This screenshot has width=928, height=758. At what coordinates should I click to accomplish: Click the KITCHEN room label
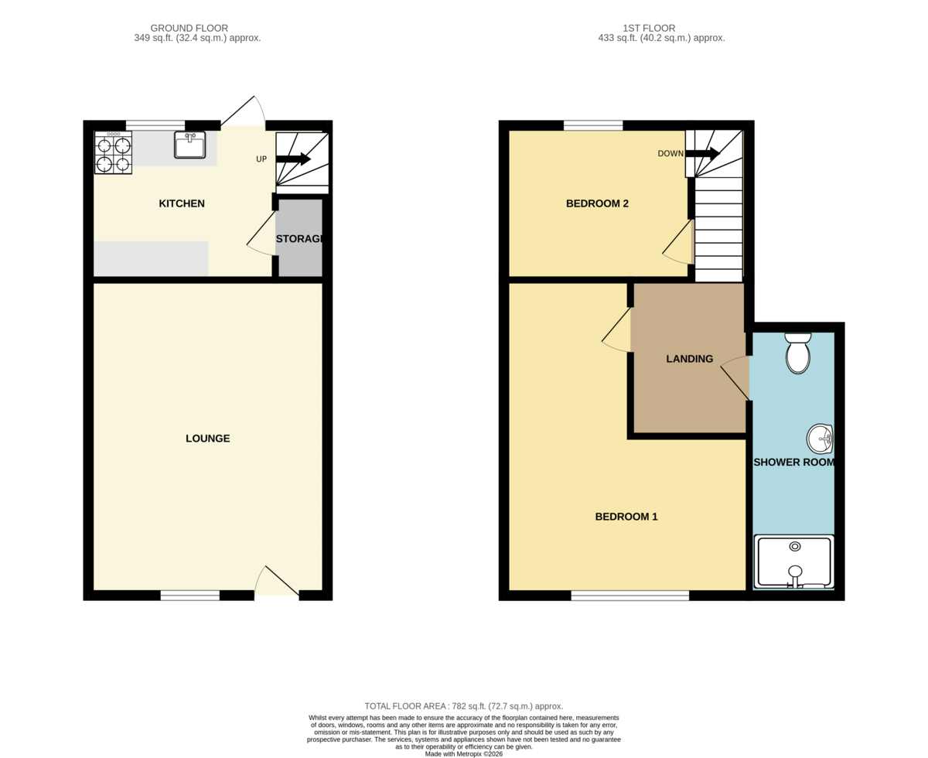[x=182, y=204]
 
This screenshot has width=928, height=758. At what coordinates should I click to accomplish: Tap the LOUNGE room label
[x=207, y=439]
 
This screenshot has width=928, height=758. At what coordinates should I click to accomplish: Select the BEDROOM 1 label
[x=626, y=517]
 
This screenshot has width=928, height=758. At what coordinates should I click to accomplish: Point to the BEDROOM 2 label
[x=597, y=204]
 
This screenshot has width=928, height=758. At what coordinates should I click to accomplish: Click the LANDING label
[x=690, y=359]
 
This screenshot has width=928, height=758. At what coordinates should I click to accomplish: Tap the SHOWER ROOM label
[x=794, y=463]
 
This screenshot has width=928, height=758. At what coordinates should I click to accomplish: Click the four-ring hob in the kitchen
[x=113, y=152]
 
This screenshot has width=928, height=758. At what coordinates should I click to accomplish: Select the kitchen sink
[x=189, y=145]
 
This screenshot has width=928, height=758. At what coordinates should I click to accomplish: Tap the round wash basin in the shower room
[x=820, y=439]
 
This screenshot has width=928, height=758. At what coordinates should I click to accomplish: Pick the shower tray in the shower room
[x=794, y=562]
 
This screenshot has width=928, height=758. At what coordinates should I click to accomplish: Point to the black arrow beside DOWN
[x=702, y=153]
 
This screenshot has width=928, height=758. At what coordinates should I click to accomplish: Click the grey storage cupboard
[x=300, y=239]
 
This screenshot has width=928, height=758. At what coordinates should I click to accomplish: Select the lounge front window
[x=190, y=595]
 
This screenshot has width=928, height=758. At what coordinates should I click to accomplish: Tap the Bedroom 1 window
[x=630, y=595]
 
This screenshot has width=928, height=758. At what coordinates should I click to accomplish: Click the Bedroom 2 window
[x=593, y=125]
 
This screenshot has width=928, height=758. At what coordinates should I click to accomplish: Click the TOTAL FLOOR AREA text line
[x=463, y=706]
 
